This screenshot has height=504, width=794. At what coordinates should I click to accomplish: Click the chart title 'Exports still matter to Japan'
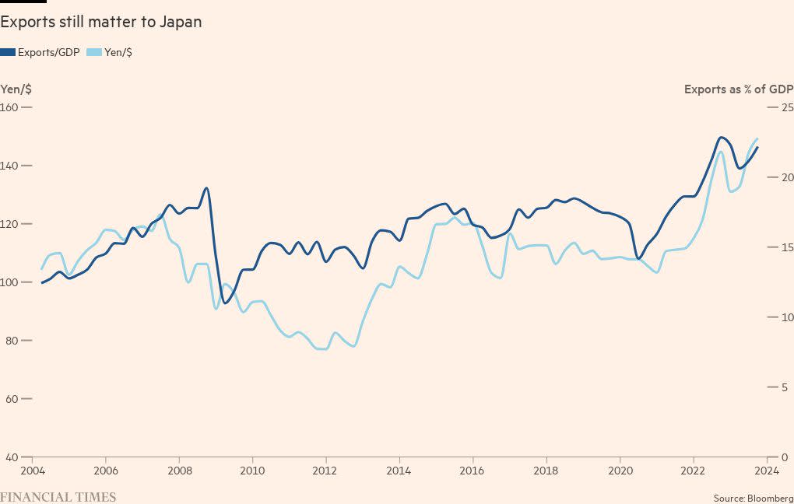101,22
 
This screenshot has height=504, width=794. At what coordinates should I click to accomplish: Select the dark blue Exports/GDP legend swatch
8,52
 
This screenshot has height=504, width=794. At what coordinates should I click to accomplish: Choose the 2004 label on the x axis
32,471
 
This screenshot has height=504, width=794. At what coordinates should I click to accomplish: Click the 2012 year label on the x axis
325,471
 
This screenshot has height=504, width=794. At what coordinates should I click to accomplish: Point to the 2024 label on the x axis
766,471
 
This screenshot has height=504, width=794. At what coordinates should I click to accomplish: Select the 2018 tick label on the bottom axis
546,471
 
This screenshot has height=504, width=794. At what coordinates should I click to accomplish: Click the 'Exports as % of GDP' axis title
738,89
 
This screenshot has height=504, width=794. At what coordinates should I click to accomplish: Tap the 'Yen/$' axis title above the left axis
16,89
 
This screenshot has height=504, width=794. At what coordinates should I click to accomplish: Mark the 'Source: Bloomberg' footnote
753,497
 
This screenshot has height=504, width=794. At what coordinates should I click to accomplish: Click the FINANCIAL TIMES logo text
58,497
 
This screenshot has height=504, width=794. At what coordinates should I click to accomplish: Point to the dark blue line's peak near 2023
722,137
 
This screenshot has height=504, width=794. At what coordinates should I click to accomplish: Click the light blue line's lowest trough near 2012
322,349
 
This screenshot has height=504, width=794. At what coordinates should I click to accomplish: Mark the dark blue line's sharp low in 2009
225,303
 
